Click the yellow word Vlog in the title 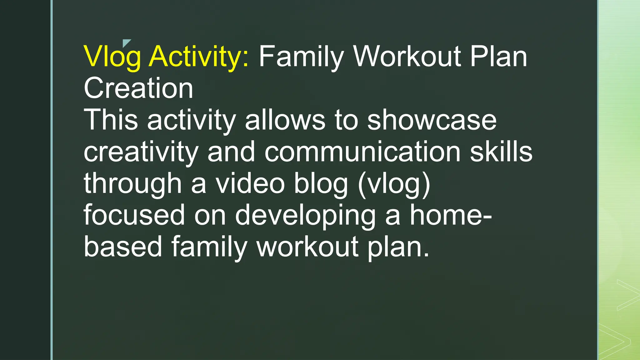[x=112, y=57]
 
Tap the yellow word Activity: [x=199, y=57]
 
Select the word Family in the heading [x=301, y=57]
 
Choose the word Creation [x=138, y=88]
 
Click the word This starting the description [x=111, y=120]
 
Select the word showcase [x=432, y=121]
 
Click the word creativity [x=141, y=152]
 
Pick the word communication [x=362, y=152]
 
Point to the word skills [x=501, y=152]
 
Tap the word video [x=250, y=184]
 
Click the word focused [x=134, y=215]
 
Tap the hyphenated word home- [x=451, y=215]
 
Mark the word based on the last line [x=123, y=247]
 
